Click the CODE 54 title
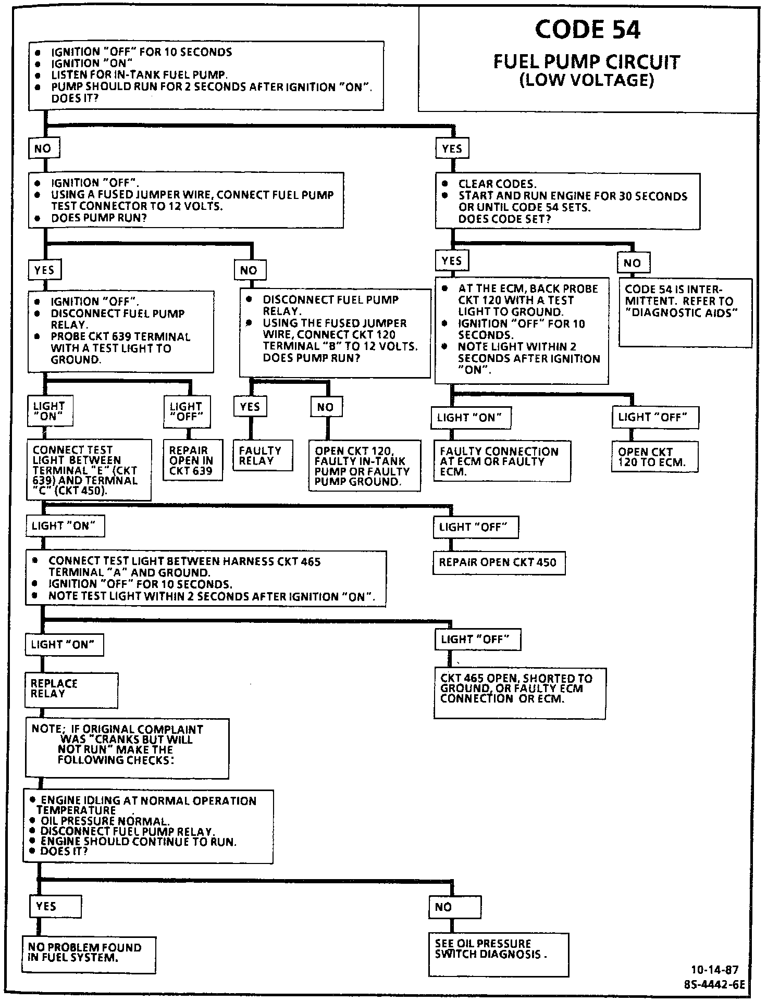point(587,30)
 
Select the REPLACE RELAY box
point(71,690)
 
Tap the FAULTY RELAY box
point(263,456)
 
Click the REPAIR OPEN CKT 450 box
point(499,563)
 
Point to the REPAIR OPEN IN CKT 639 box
point(192,461)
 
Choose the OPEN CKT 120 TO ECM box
point(654,457)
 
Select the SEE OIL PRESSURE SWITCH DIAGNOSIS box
point(498,955)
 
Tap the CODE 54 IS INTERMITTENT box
point(685,312)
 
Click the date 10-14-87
point(714,970)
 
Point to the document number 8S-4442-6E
point(714,985)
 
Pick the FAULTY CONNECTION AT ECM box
point(502,461)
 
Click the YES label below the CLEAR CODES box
point(452,261)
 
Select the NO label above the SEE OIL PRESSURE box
point(455,907)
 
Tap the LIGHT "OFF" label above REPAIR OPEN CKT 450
point(476,528)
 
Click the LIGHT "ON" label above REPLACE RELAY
point(64,645)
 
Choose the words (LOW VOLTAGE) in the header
point(587,81)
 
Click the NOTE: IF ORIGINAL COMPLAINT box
point(127,748)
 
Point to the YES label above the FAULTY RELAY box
point(251,407)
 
